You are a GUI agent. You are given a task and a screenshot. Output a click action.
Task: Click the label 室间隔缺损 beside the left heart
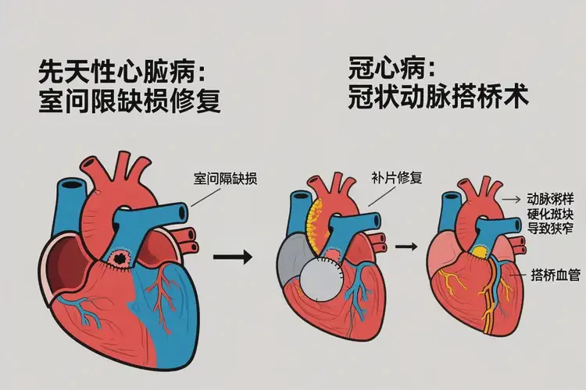coord(225,179)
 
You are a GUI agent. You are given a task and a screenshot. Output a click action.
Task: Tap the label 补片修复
coord(396,178)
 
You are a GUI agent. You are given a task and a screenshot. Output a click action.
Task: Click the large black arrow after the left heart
coord(234,256)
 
